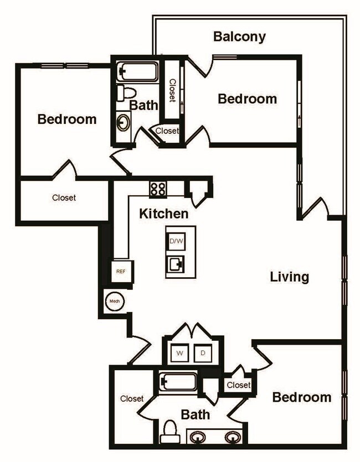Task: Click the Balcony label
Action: (239, 37)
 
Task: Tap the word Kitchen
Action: (163, 214)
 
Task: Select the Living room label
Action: (289, 277)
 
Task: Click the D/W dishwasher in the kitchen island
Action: (177, 241)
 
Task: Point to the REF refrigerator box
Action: (121, 271)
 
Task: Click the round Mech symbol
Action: (115, 301)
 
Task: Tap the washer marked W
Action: (180, 352)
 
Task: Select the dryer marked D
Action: (203, 352)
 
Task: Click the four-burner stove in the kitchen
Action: (158, 189)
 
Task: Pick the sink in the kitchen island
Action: (177, 264)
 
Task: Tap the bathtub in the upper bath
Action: (137, 71)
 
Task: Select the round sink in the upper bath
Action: (123, 121)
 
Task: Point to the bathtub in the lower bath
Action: (178, 382)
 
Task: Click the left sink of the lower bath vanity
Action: (198, 437)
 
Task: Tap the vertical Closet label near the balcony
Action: (172, 90)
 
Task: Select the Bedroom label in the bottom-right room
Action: (302, 397)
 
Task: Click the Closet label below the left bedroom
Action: (64, 198)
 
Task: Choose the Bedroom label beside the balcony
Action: (247, 99)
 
